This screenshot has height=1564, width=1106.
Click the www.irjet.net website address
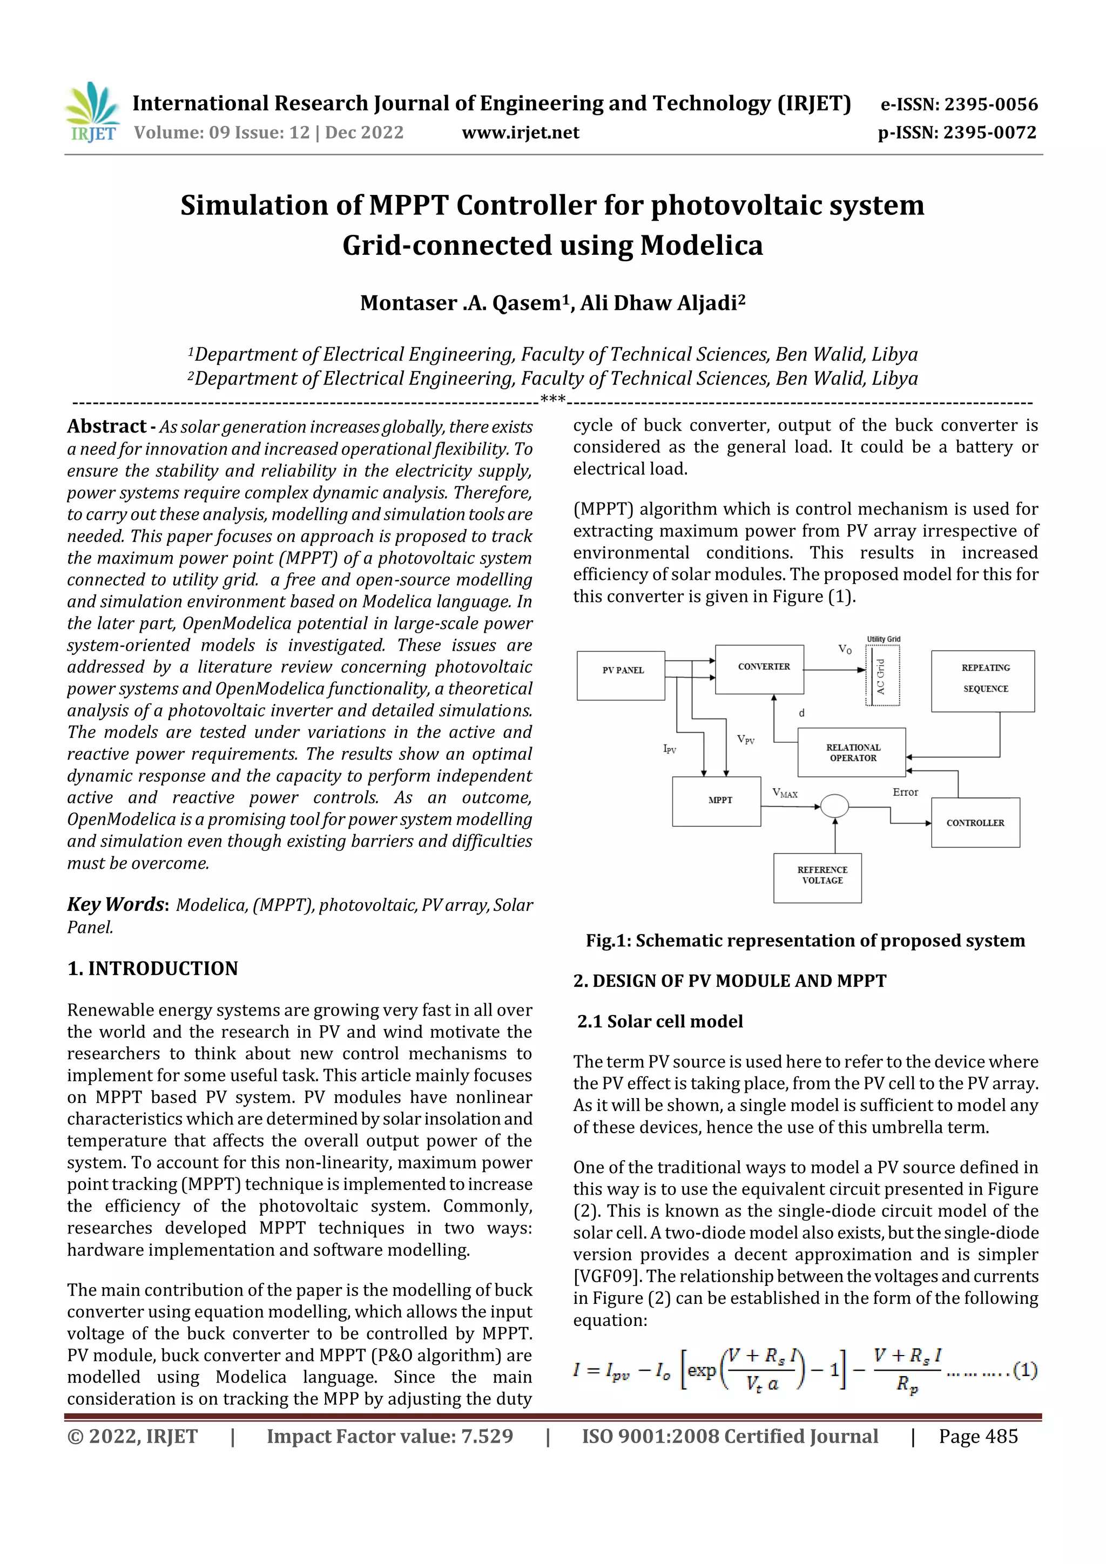pos(520,132)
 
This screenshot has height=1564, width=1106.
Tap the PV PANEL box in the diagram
pos(622,676)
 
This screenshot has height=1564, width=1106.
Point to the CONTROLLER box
pos(974,822)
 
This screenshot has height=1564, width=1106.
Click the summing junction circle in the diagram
pos(834,807)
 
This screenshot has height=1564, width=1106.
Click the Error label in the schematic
pos(905,792)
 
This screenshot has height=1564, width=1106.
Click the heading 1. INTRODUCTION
pos(153,968)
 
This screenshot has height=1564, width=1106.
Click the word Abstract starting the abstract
pos(106,426)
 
